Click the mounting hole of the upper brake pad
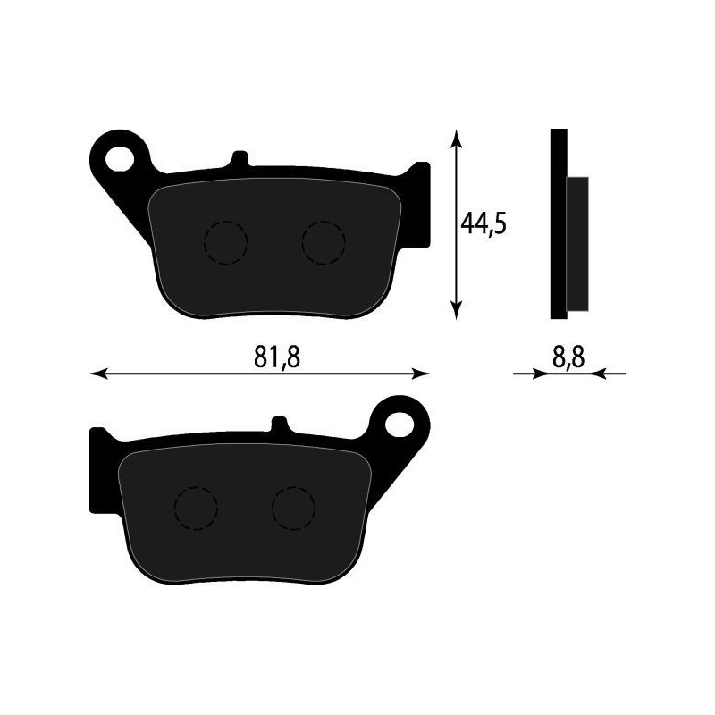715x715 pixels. pos(121,157)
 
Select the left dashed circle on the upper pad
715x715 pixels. pos(225,242)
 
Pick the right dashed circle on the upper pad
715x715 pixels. pos(323,242)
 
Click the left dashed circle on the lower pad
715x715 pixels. pos(196,509)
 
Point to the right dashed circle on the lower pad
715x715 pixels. pos(293,509)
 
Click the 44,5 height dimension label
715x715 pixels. pos(484,223)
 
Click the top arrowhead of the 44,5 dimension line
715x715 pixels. pos(457,138)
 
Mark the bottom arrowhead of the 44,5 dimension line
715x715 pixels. pos(457,309)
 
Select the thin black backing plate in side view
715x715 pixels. pos(558,223)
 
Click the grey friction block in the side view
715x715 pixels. pos(578,243)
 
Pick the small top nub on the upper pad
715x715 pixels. pos(239,159)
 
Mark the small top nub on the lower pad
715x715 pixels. pos(279,425)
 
